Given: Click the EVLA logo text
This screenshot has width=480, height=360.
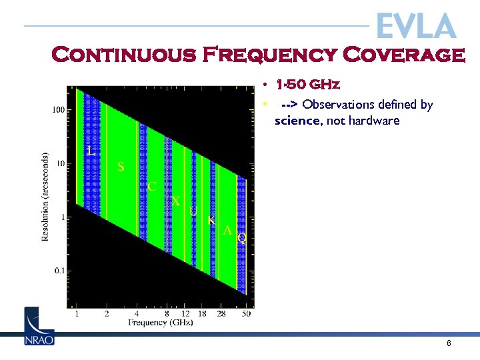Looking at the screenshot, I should (416, 26).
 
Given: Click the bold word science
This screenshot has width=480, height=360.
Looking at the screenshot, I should (297, 121).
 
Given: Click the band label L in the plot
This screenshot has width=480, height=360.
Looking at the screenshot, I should (91, 151).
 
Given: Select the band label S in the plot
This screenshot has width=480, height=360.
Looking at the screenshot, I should (121, 167).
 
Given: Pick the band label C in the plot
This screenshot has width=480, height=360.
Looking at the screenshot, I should (152, 187).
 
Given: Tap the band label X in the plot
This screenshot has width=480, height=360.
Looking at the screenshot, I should (176, 201).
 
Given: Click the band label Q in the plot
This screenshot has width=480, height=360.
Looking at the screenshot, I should (242, 237).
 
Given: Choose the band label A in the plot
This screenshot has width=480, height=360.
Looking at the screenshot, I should (227, 231).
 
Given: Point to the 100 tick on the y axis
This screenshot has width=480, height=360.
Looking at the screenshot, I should (59, 109).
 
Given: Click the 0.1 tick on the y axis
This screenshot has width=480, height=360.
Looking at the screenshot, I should (58, 271).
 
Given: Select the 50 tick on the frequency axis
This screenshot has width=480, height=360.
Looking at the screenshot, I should (246, 313).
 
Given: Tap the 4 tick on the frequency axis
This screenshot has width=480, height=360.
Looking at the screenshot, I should (137, 313).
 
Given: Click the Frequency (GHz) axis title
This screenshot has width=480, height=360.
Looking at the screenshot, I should (161, 323).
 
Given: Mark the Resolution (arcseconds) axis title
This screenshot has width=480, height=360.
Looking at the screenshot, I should (45, 197).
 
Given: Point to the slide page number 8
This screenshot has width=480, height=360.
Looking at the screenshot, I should (449, 343).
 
